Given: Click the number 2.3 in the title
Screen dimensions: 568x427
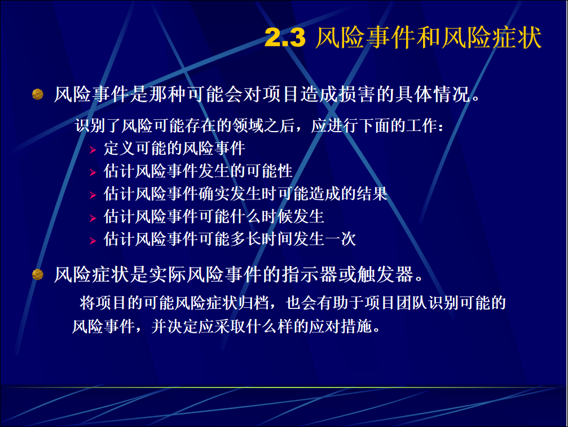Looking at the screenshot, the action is pyautogui.click(x=285, y=37).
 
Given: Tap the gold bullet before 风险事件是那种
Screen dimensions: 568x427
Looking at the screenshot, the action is pyautogui.click(x=38, y=94).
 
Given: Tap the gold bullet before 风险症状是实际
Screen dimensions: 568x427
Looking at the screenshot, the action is pyautogui.click(x=38, y=274).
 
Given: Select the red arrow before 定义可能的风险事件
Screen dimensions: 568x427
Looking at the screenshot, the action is pyautogui.click(x=93, y=150).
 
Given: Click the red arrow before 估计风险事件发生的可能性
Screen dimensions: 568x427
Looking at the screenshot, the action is pyautogui.click(x=93, y=172).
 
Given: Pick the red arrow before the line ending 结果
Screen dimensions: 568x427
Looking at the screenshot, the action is pyautogui.click(x=93, y=195).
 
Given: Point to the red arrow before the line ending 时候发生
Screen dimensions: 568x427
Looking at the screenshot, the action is pyautogui.click(x=93, y=218).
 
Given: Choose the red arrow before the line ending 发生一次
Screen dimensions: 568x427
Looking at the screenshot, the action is pyautogui.click(x=93, y=241).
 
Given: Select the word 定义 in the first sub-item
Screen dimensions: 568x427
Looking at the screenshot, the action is pyautogui.click(x=120, y=149).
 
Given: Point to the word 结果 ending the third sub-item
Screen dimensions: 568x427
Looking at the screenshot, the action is pyautogui.click(x=372, y=194).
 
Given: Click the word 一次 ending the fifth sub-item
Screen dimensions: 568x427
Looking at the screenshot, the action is pyautogui.click(x=340, y=239).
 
